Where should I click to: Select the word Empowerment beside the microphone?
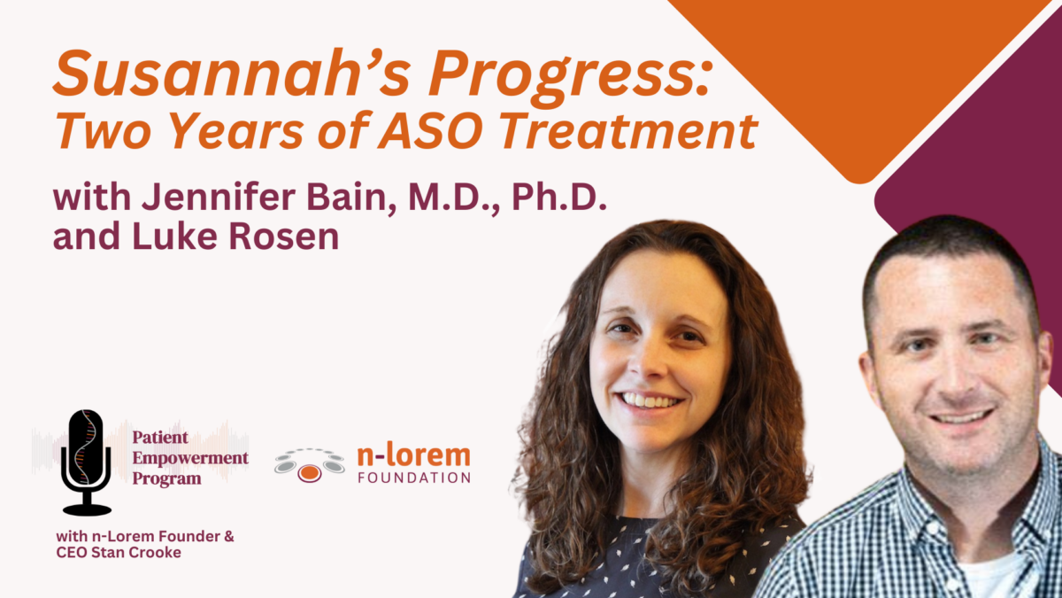[x=190, y=458]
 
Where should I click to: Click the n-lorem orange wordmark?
[x=413, y=456]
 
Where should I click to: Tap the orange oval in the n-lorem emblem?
[x=309, y=473]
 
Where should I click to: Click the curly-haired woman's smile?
[x=651, y=400]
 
